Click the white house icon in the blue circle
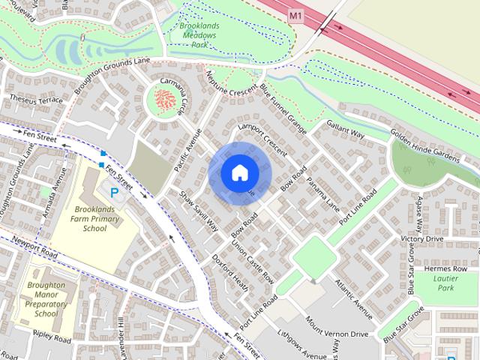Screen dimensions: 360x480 [239, 172]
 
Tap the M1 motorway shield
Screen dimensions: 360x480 [295, 14]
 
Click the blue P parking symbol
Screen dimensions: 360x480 [115, 193]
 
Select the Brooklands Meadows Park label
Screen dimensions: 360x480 [198, 35]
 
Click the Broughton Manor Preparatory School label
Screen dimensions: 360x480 [47, 299]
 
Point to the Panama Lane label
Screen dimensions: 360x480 [323, 195]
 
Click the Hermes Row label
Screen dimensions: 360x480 [446, 268]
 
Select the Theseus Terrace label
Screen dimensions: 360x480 [36, 100]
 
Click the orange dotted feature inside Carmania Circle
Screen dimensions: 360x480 [165, 98]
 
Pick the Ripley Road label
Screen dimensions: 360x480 [51, 339]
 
